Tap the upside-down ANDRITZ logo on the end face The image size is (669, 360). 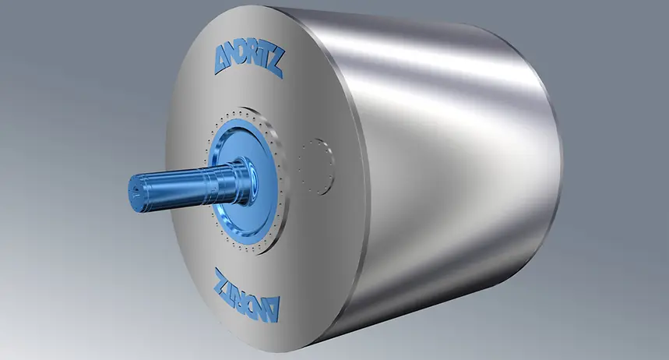click(247, 295)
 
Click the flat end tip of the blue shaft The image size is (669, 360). click(136, 195)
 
